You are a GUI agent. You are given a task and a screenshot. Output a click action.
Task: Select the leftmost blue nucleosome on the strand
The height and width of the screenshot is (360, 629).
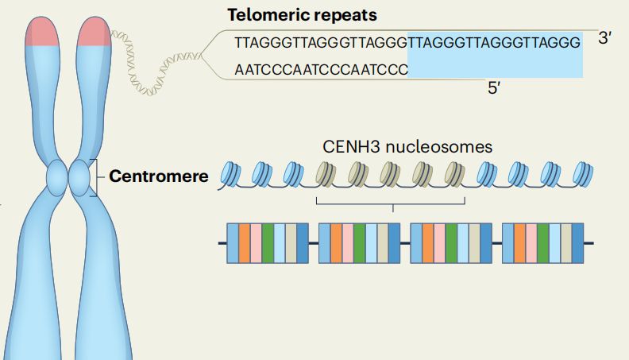click(230, 174)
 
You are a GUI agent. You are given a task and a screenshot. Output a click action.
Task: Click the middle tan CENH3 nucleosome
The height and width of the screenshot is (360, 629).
click(390, 173)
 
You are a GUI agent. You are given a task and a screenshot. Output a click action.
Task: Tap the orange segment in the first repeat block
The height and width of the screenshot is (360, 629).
click(245, 242)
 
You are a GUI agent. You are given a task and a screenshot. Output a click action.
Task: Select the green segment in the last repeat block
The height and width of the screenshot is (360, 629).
click(543, 242)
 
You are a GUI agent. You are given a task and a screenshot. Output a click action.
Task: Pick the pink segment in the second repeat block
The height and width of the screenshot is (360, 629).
click(348, 242)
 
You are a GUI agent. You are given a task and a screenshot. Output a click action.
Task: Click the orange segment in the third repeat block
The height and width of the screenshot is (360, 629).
click(428, 242)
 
